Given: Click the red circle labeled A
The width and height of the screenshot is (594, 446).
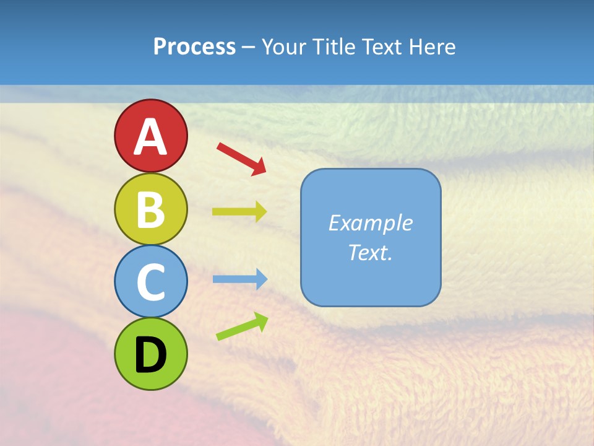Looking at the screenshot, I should click(151, 136).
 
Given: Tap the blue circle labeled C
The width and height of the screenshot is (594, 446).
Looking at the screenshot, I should click(151, 281).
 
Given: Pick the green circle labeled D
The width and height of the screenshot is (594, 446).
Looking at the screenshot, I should click(151, 354).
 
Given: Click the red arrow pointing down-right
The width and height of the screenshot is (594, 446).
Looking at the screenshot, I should click(241, 159).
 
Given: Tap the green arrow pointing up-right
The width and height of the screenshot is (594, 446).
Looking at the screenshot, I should click(242, 326).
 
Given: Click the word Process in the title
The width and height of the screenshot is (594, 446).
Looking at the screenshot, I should click(194, 46).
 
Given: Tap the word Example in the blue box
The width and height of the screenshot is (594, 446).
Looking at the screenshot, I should click(371, 223).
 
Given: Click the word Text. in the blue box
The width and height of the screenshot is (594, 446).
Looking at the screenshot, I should click(371, 252).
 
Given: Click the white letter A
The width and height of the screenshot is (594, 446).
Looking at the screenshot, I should click(151, 137).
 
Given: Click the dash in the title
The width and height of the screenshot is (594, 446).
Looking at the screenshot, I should click(249, 48).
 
